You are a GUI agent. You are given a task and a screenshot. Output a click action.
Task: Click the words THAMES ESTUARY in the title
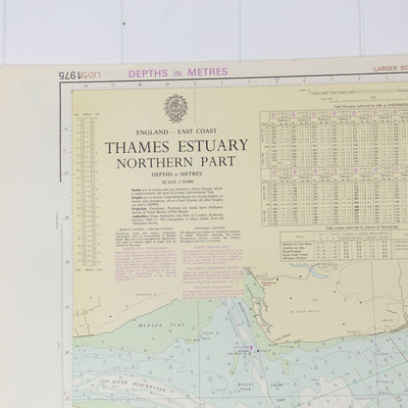point(176,146)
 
